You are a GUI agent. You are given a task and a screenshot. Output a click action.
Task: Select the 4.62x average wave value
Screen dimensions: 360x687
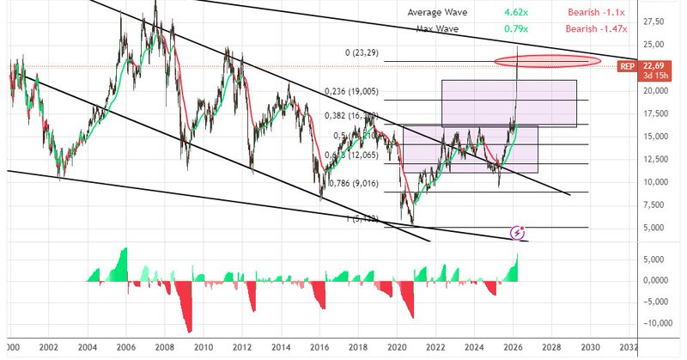(x=516, y=13)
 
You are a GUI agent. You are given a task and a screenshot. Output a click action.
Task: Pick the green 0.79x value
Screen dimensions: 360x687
(x=516, y=28)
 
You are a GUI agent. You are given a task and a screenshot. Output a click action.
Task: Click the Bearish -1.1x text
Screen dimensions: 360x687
(x=595, y=13)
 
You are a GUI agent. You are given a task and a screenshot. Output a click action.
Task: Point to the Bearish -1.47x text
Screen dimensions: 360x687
(x=595, y=28)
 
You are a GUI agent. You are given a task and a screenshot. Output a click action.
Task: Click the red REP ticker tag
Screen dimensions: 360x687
(x=627, y=66)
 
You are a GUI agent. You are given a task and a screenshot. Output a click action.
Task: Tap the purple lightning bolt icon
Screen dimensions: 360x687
(x=518, y=232)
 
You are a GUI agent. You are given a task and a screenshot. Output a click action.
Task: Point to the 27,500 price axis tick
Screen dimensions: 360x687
(x=658, y=21)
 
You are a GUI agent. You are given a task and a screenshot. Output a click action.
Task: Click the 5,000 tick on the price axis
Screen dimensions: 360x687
(x=657, y=228)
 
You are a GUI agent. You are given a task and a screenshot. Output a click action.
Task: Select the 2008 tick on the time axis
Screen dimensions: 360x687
(x=164, y=348)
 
